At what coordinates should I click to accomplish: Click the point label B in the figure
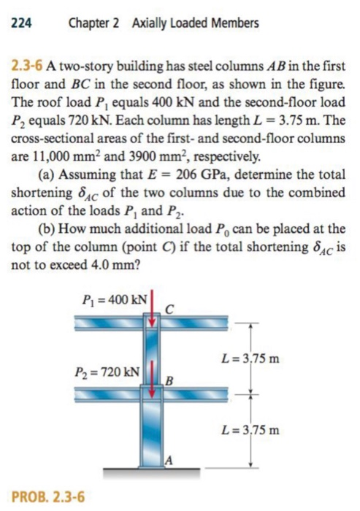coord(169,380)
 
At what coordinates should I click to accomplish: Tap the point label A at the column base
coord(169,459)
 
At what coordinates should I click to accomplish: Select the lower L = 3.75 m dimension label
coord(254,429)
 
